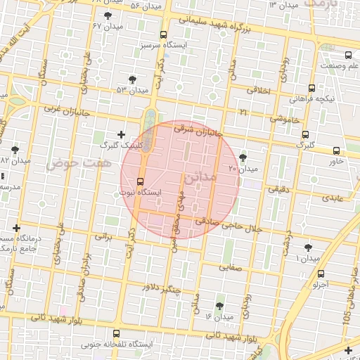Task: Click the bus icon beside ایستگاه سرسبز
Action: pos(164,34)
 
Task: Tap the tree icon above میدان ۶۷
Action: pos(107,15)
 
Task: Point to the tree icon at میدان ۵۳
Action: pos(131,79)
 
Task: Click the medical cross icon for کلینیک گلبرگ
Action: pos(121,134)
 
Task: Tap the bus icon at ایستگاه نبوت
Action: pos(139,181)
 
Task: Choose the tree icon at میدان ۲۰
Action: pos(243,157)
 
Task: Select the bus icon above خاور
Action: pos(336,150)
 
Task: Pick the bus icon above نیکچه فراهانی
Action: pos(311,88)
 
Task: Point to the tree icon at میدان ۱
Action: pos(308,247)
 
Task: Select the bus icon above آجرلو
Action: pos(321,274)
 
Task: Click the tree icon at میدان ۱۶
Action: pos(220,306)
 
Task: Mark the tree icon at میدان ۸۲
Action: pos(15,149)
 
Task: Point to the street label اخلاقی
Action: pos(262,89)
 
